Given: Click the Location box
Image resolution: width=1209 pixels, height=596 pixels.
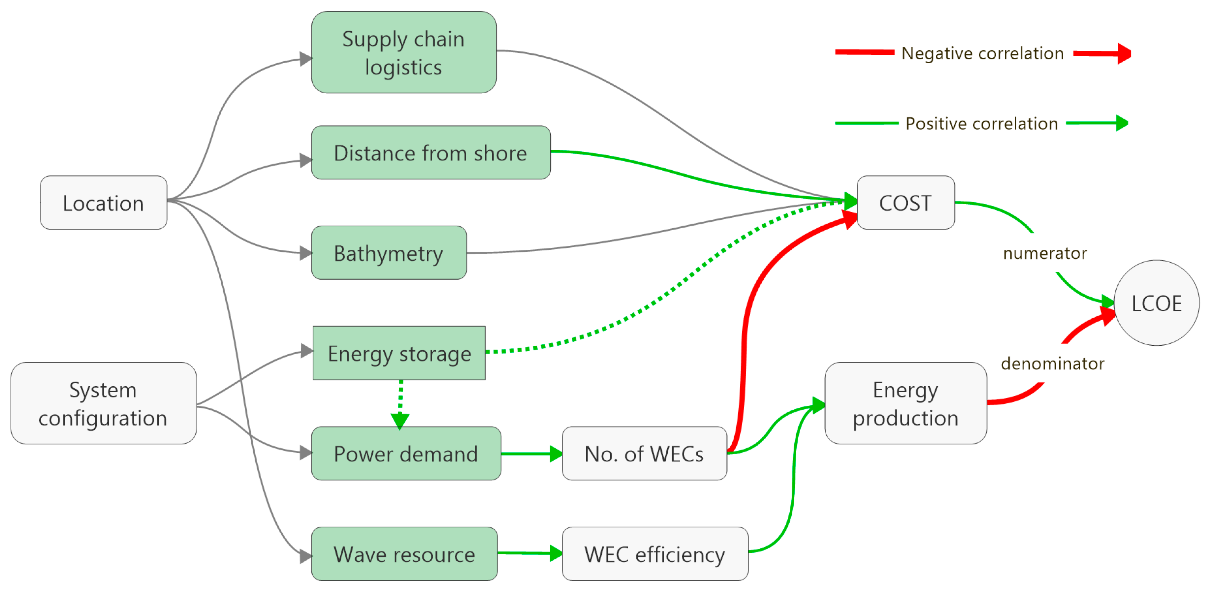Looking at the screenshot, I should [103, 203].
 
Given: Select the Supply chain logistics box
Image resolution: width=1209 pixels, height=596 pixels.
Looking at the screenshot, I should [404, 52].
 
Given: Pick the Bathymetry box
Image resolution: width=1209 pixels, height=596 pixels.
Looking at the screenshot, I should [389, 253].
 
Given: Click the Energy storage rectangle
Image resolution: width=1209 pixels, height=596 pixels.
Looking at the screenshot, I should [399, 353].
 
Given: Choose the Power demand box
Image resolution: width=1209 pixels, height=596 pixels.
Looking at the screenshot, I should [406, 453].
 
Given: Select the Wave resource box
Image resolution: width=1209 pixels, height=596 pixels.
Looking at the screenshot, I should [404, 554].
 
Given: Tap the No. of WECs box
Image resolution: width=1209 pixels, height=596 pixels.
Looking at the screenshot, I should [644, 453].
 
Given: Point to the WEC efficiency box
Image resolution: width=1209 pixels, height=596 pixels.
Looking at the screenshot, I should [655, 554].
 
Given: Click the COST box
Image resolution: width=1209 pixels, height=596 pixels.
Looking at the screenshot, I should [905, 203].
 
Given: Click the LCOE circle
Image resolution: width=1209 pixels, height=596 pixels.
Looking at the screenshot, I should [1157, 303].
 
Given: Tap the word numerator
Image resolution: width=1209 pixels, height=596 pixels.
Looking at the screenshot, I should [1045, 253].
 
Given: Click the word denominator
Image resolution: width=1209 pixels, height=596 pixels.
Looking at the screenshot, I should [1052, 364].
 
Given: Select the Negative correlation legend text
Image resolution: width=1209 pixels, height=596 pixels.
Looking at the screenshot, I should [982, 53].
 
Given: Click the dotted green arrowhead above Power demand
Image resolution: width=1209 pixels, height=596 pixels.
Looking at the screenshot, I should [400, 421].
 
